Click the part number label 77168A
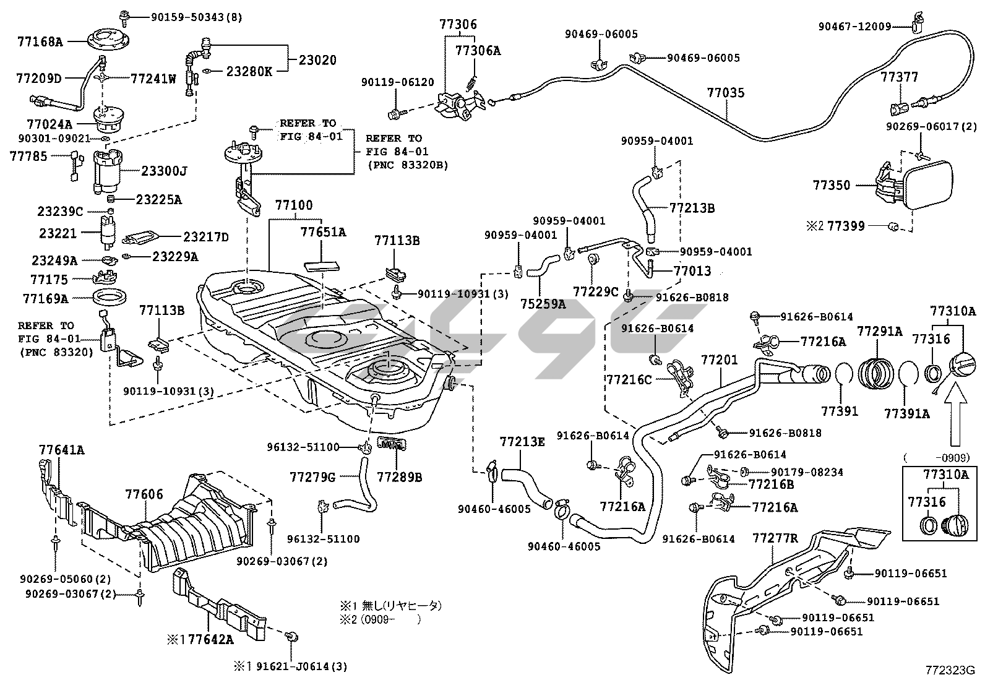40,42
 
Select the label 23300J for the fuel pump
165,171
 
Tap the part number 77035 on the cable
726,93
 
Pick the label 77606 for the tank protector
144,494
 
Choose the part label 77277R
775,538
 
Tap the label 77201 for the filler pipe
719,359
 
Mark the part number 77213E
522,442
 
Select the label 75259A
543,304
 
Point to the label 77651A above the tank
323,232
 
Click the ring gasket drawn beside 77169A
109,298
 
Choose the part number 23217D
205,236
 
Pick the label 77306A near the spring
478,51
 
